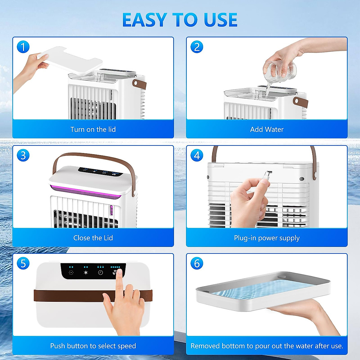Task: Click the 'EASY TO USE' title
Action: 180,20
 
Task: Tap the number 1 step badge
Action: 23,47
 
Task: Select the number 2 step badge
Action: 197,47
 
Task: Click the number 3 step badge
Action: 23,155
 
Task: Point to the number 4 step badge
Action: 197,155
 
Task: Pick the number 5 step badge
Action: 23,263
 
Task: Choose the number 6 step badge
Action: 197,263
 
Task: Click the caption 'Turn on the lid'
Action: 93,130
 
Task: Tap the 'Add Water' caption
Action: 267,130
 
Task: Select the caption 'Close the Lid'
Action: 93,238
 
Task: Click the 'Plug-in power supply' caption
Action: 267,238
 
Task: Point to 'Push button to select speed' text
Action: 93,346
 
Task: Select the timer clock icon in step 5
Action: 100,273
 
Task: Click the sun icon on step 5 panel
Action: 86,273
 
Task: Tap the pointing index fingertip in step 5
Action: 119,272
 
